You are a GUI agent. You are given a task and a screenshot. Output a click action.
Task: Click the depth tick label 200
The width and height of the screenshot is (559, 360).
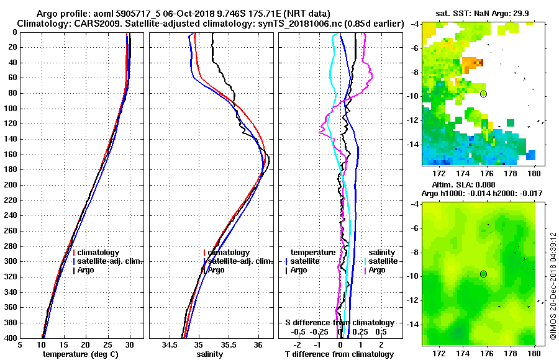10,185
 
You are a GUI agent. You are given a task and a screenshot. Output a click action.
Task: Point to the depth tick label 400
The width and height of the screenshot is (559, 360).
10,338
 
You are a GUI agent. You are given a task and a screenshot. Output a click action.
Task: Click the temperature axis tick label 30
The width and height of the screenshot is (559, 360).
129,345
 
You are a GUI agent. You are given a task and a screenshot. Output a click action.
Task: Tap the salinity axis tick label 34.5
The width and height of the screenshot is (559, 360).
169,345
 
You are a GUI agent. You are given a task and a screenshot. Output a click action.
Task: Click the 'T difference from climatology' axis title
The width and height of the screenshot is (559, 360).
339,354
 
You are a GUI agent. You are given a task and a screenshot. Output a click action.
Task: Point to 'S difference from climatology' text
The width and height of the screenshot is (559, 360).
339,323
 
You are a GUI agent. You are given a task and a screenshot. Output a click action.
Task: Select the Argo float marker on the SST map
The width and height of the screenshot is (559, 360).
483,94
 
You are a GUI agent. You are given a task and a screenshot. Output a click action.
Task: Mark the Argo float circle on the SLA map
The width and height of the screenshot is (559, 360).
483,274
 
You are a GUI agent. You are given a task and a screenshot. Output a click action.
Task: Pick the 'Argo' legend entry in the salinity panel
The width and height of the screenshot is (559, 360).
216,270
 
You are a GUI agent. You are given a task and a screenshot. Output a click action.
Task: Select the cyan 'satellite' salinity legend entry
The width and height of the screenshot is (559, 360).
380,261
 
